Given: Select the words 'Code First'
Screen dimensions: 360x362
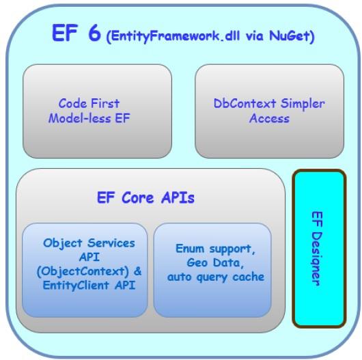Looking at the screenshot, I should click(89, 104).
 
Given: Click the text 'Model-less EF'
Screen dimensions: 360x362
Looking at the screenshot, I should click(89, 118).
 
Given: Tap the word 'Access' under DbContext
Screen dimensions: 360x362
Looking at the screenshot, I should click(269, 118).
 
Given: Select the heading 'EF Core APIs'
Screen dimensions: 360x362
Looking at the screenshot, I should click(145, 198).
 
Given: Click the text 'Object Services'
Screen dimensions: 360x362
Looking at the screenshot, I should click(89, 243).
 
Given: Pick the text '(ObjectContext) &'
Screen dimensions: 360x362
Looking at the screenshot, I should click(89, 271).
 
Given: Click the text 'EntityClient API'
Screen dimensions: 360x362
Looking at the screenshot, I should click(89, 285).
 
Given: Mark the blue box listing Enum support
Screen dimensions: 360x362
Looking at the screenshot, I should click(212, 301).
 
